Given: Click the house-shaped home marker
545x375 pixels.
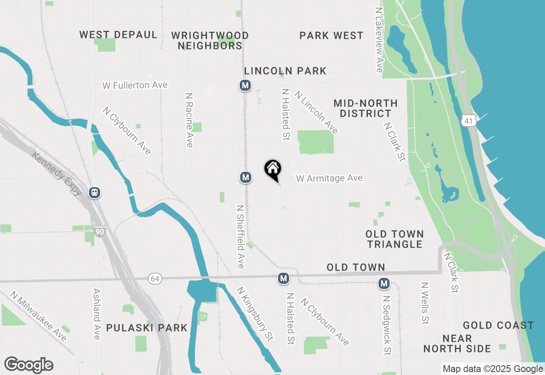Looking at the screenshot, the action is click(x=273, y=169).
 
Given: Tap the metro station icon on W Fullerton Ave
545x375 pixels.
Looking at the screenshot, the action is click(x=245, y=86).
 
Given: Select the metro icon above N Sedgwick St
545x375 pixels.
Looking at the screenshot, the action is click(x=384, y=283).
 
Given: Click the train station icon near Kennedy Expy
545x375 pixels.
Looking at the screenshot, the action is click(x=95, y=193).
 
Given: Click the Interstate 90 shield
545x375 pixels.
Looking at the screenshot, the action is click(x=100, y=232).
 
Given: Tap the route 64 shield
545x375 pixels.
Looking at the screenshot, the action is click(x=155, y=279).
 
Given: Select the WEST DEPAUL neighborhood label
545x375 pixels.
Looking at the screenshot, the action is click(x=118, y=35).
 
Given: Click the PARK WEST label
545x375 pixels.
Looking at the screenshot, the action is click(x=331, y=36).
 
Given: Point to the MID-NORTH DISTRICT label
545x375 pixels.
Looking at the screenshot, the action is click(x=366, y=108).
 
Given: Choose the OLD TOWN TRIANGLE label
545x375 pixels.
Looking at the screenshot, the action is click(x=395, y=239).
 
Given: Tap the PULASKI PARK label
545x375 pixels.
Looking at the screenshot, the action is click(x=147, y=328).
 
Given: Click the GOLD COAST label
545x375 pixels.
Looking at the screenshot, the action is click(x=498, y=326).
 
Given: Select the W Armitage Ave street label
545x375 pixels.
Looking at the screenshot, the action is click(x=330, y=178).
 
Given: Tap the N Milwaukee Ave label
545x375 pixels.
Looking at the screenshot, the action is click(x=39, y=317).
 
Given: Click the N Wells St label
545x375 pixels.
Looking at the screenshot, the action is click(x=425, y=303).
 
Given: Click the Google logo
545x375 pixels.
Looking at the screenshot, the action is click(x=29, y=365).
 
